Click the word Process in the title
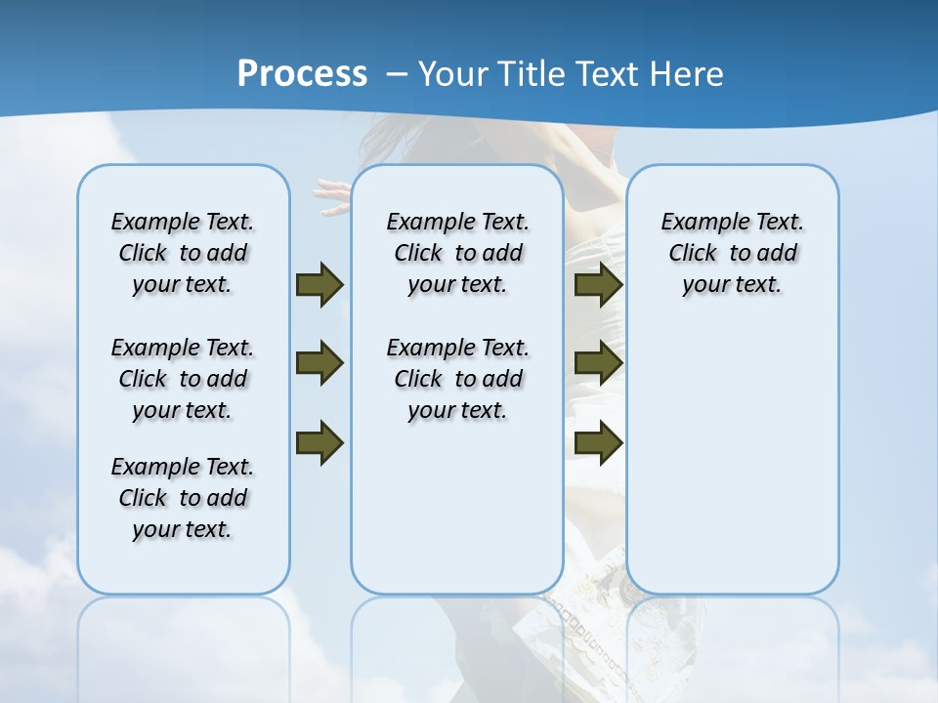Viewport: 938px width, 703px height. point(302,73)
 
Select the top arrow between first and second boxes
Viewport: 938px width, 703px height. point(320,285)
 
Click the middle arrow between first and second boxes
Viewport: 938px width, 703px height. point(320,364)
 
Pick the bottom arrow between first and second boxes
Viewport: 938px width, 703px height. point(320,442)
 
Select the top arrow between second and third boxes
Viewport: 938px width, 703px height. point(598,285)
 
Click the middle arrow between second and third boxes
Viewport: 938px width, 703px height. point(598,364)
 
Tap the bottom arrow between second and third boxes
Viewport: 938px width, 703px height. point(598,442)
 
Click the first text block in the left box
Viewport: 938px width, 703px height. point(183,253)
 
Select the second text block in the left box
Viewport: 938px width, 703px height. point(183,379)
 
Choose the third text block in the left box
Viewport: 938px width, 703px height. point(183,498)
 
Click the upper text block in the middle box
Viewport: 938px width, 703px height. point(457,253)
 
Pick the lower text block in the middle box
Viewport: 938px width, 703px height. point(457,379)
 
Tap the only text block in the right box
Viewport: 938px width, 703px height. point(732,253)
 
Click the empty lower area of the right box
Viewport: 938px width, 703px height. point(732,469)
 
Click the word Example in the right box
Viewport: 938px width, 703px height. point(697,223)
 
